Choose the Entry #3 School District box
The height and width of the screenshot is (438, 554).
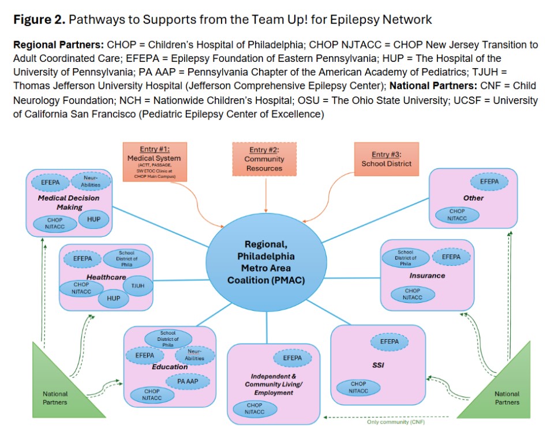pyautogui.click(x=386, y=159)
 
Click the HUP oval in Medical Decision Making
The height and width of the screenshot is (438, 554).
pyautogui.click(x=93, y=219)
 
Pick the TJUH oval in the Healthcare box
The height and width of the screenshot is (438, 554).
pyautogui.click(x=137, y=285)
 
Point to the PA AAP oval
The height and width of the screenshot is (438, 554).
pyautogui.click(x=189, y=381)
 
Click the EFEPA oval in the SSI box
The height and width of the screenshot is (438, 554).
pyautogui.click(x=390, y=342)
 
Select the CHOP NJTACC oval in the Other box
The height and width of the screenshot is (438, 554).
pyautogui.click(x=457, y=215)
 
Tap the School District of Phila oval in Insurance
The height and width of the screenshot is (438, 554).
pyautogui.click(x=405, y=258)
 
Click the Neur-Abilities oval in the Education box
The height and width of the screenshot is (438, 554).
pyautogui.click(x=194, y=355)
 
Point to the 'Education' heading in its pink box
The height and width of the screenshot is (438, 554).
pyautogui.click(x=170, y=367)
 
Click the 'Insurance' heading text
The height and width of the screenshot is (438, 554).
pyautogui.click(x=427, y=276)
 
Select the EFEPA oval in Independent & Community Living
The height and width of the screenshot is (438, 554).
pyautogui.click(x=292, y=358)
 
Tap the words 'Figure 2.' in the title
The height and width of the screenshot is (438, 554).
pyautogui.click(x=39, y=20)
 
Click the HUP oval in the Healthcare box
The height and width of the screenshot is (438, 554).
pyautogui.click(x=114, y=298)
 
